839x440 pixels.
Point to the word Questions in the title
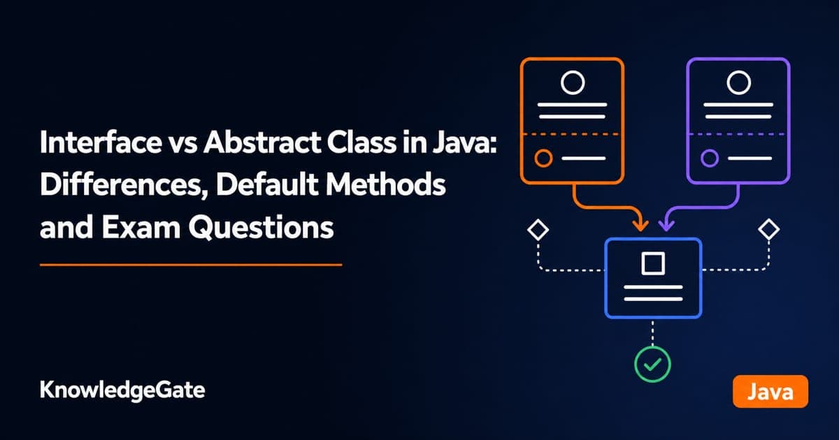click(x=261, y=228)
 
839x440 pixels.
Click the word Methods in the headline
click(x=386, y=185)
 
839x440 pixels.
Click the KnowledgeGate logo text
click(x=122, y=390)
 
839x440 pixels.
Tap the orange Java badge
click(x=770, y=391)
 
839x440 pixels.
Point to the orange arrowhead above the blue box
click(x=640, y=226)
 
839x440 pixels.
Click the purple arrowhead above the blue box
click(x=666, y=226)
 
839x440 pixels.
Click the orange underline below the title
click(x=191, y=265)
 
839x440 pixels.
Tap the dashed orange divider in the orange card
click(x=573, y=133)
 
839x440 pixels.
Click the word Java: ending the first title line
click(x=465, y=142)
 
